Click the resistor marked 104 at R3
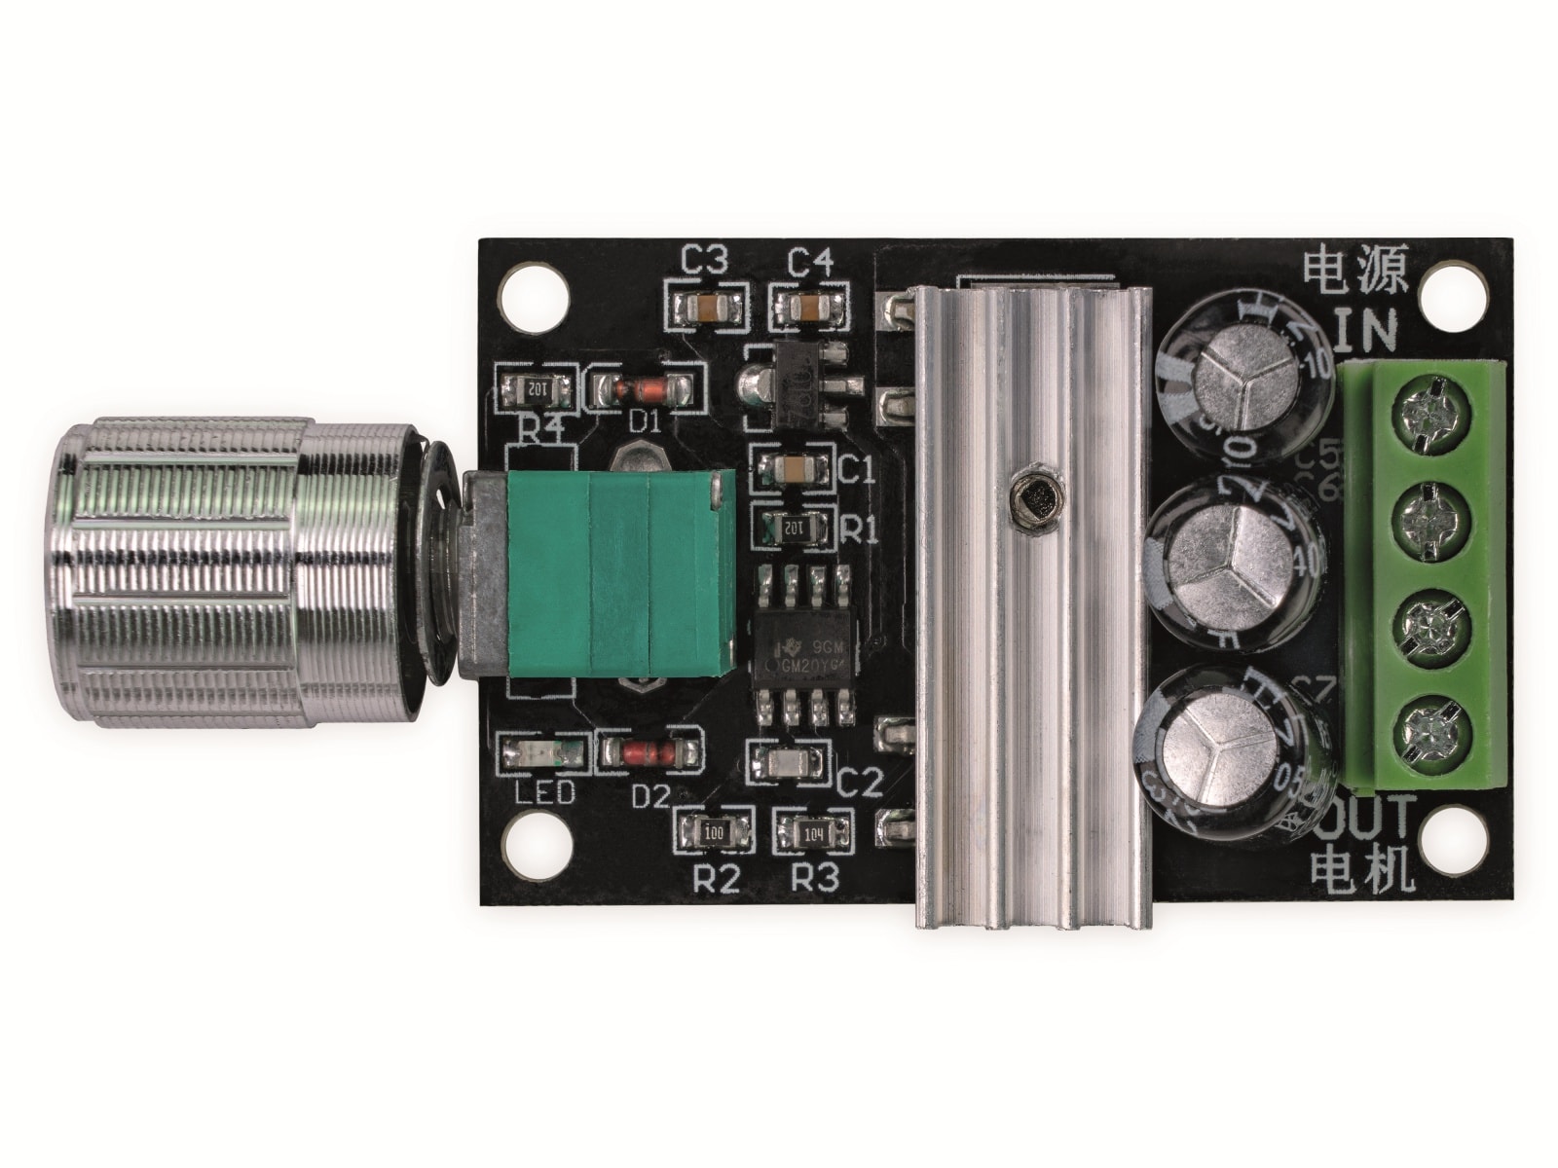814,833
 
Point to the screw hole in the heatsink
1035,503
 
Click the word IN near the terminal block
1364,329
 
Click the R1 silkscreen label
860,531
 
